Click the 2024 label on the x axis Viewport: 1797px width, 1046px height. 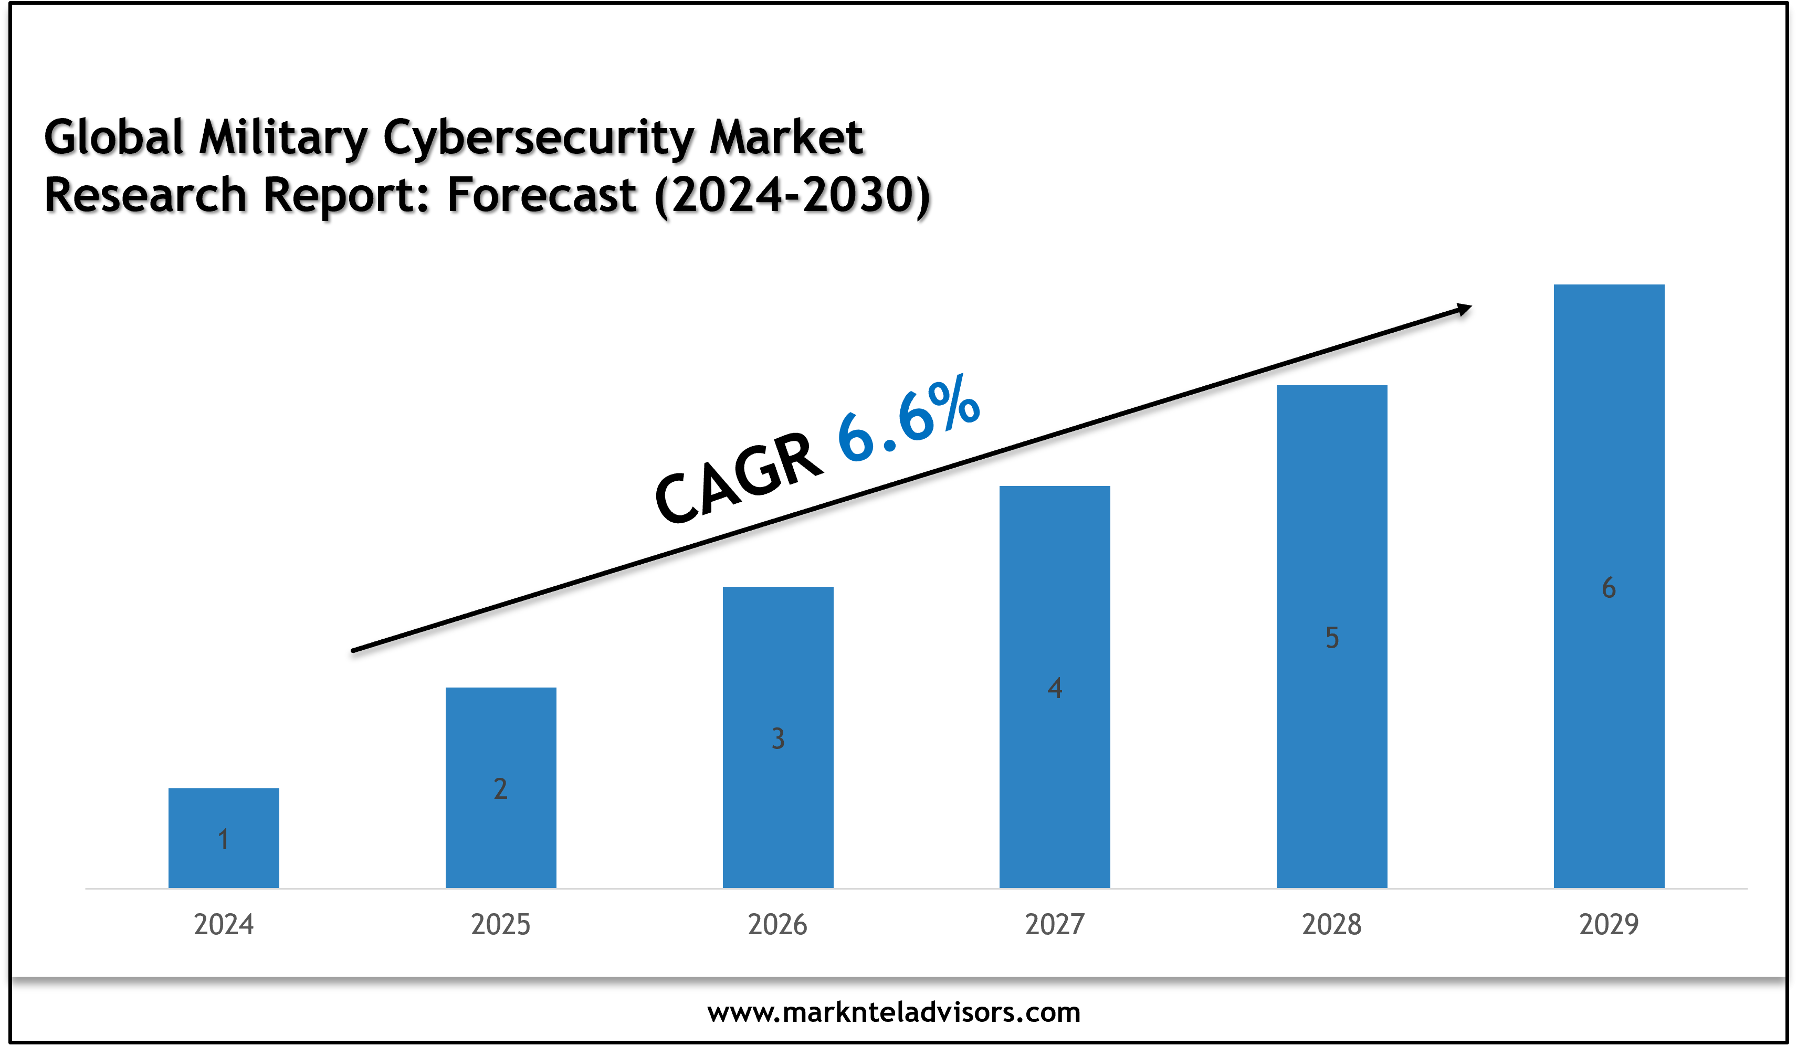pyautogui.click(x=223, y=925)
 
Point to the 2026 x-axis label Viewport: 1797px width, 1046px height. pyautogui.click(x=777, y=925)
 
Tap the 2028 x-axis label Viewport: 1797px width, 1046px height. pyautogui.click(x=1331, y=925)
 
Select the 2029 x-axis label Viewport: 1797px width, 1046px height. pyautogui.click(x=1609, y=925)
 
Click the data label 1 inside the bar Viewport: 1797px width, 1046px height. pyautogui.click(x=223, y=840)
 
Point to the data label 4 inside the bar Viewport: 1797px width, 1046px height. pyautogui.click(x=1055, y=688)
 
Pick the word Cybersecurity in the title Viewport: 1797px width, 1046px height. pyautogui.click(x=539, y=137)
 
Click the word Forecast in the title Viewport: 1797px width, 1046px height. pyautogui.click(x=541, y=195)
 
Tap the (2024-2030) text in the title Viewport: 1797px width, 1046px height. pyautogui.click(x=792, y=195)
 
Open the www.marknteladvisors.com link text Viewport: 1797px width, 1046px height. pyautogui.click(x=894, y=1012)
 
